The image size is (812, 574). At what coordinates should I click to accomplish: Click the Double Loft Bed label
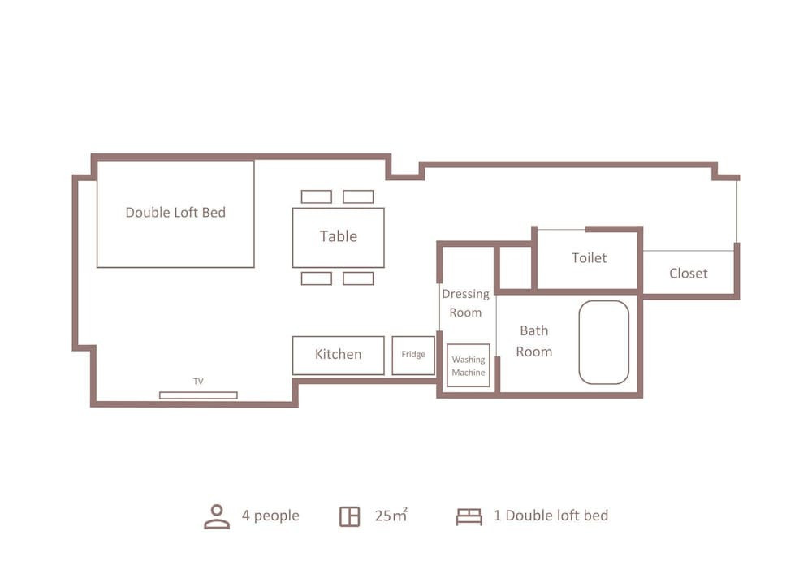pyautogui.click(x=175, y=212)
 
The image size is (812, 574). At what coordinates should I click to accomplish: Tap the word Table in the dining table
pyautogui.click(x=338, y=236)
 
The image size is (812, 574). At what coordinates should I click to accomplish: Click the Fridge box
pyautogui.click(x=413, y=356)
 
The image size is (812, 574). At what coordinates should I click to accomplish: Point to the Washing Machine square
pyautogui.click(x=469, y=365)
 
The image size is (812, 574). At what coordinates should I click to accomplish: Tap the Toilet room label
pyautogui.click(x=589, y=257)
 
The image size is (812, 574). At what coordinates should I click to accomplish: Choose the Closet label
pyautogui.click(x=689, y=274)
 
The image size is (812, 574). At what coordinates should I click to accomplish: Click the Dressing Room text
pyautogui.click(x=465, y=304)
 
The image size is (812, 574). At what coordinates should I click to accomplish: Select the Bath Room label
pyautogui.click(x=534, y=341)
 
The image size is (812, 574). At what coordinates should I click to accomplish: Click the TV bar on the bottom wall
pyautogui.click(x=198, y=395)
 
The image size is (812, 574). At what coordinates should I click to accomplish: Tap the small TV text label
pyautogui.click(x=198, y=382)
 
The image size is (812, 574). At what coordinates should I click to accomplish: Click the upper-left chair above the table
pyautogui.click(x=317, y=196)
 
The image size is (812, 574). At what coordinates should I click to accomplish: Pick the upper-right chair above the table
pyautogui.click(x=358, y=196)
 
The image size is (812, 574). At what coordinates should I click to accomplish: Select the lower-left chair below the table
pyautogui.click(x=317, y=278)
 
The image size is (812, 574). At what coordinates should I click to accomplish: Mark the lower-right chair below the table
pyautogui.click(x=358, y=278)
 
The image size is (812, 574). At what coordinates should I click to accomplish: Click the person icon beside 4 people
pyautogui.click(x=217, y=516)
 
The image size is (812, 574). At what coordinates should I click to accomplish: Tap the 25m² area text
pyautogui.click(x=391, y=515)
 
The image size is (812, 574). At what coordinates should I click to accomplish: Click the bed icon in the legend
pyautogui.click(x=469, y=516)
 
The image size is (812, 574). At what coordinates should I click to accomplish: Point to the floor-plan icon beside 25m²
pyautogui.click(x=349, y=516)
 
